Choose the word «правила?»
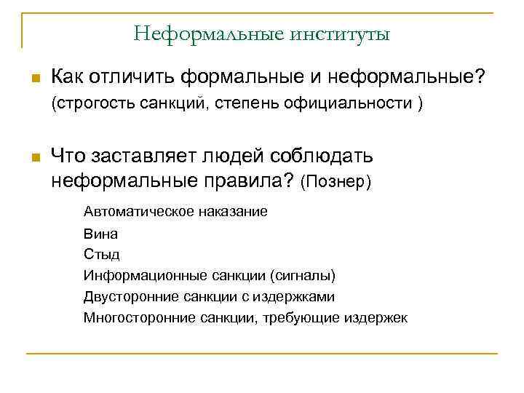click(x=251, y=179)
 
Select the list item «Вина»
click(x=100, y=234)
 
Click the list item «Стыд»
click(x=101, y=255)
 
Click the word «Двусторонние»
click(x=126, y=297)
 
